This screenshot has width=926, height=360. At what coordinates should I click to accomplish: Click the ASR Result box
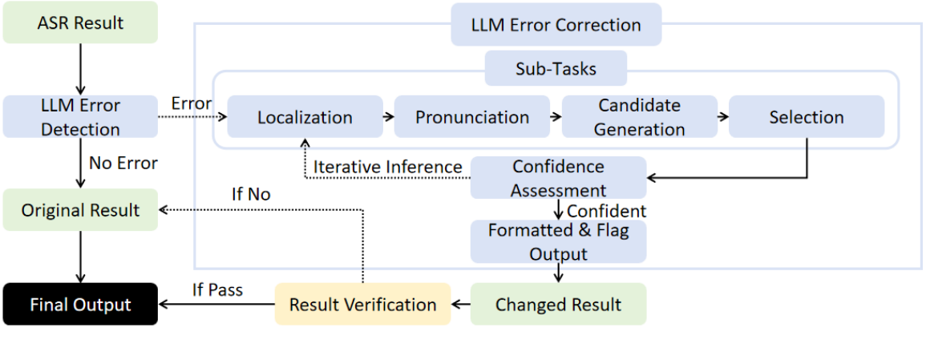pos(80,23)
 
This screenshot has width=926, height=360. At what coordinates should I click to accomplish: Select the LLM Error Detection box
pos(80,117)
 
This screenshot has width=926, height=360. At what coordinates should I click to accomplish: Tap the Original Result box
pos(80,211)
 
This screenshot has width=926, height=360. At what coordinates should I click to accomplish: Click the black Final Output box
pos(80,305)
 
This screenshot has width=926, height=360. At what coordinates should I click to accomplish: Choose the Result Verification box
pos(362,305)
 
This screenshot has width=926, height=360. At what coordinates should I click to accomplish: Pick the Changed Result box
pos(558,305)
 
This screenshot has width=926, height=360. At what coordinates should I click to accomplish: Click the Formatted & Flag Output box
pos(558,242)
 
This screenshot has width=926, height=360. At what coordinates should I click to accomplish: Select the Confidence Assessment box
pos(558,178)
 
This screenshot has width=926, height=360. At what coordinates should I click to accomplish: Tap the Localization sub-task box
pos(305,117)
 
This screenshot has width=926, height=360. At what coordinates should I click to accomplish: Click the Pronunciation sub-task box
pos(472,117)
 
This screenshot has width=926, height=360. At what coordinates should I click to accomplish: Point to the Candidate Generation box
pos(640,117)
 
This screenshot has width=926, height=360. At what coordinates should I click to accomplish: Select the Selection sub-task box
pos(807,117)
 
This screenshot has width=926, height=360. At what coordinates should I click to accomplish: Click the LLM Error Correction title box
pos(556,25)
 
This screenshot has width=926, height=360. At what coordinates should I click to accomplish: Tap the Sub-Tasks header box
pos(556,69)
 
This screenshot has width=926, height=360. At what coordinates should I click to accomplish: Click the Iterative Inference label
pos(387,167)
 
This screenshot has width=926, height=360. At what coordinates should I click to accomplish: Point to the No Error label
pos(123,164)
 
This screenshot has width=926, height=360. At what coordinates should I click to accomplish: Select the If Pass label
pos(217,290)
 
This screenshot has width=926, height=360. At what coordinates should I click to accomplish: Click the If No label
pos(251,194)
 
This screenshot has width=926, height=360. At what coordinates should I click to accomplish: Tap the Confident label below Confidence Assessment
pos(606,212)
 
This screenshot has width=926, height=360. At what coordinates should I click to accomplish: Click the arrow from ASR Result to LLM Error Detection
pos(80,69)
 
